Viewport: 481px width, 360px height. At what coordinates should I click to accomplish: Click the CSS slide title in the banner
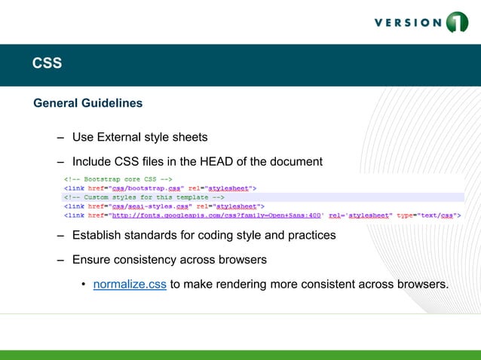click(47, 64)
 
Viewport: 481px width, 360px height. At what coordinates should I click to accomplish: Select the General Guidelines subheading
click(87, 102)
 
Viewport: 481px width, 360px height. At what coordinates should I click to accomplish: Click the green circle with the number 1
click(457, 22)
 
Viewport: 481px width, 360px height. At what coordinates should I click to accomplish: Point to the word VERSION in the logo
click(408, 23)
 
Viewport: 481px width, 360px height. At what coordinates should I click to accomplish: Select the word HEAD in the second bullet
click(217, 161)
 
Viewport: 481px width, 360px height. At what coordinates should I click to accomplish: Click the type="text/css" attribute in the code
click(430, 215)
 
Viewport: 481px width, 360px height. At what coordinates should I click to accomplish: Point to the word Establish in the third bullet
click(97, 235)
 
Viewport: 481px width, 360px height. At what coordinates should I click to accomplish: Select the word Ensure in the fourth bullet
click(91, 260)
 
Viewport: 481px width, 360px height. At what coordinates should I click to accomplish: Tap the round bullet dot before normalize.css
click(84, 285)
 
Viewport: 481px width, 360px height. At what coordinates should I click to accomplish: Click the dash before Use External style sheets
click(60, 137)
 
